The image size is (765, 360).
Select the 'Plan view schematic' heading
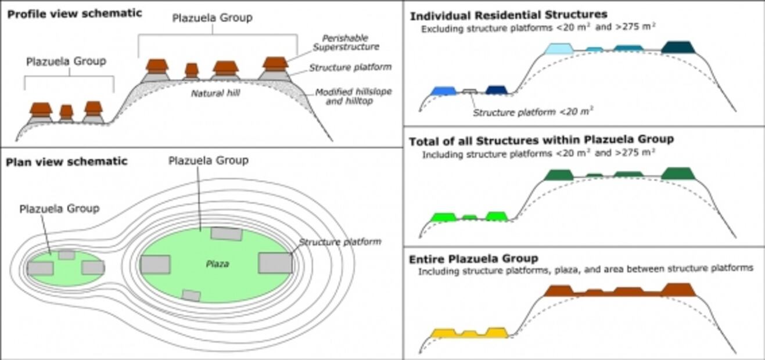coord(66,161)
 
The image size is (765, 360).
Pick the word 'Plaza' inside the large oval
coord(217,264)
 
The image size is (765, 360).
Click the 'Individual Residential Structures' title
coord(508,15)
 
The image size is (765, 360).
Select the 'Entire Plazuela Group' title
coord(473,258)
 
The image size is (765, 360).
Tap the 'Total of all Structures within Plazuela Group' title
coord(541,140)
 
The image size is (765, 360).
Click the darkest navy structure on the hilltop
coord(678,47)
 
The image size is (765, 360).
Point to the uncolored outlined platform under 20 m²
coord(469,91)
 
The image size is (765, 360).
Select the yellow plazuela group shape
coord(469,333)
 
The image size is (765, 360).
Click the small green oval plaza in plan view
coord(65,267)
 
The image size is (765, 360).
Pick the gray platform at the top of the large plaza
coord(226,233)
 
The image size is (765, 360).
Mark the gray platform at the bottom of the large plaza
coord(191,296)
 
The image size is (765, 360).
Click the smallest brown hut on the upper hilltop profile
coord(192,70)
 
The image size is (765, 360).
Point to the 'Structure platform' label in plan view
coord(340,242)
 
